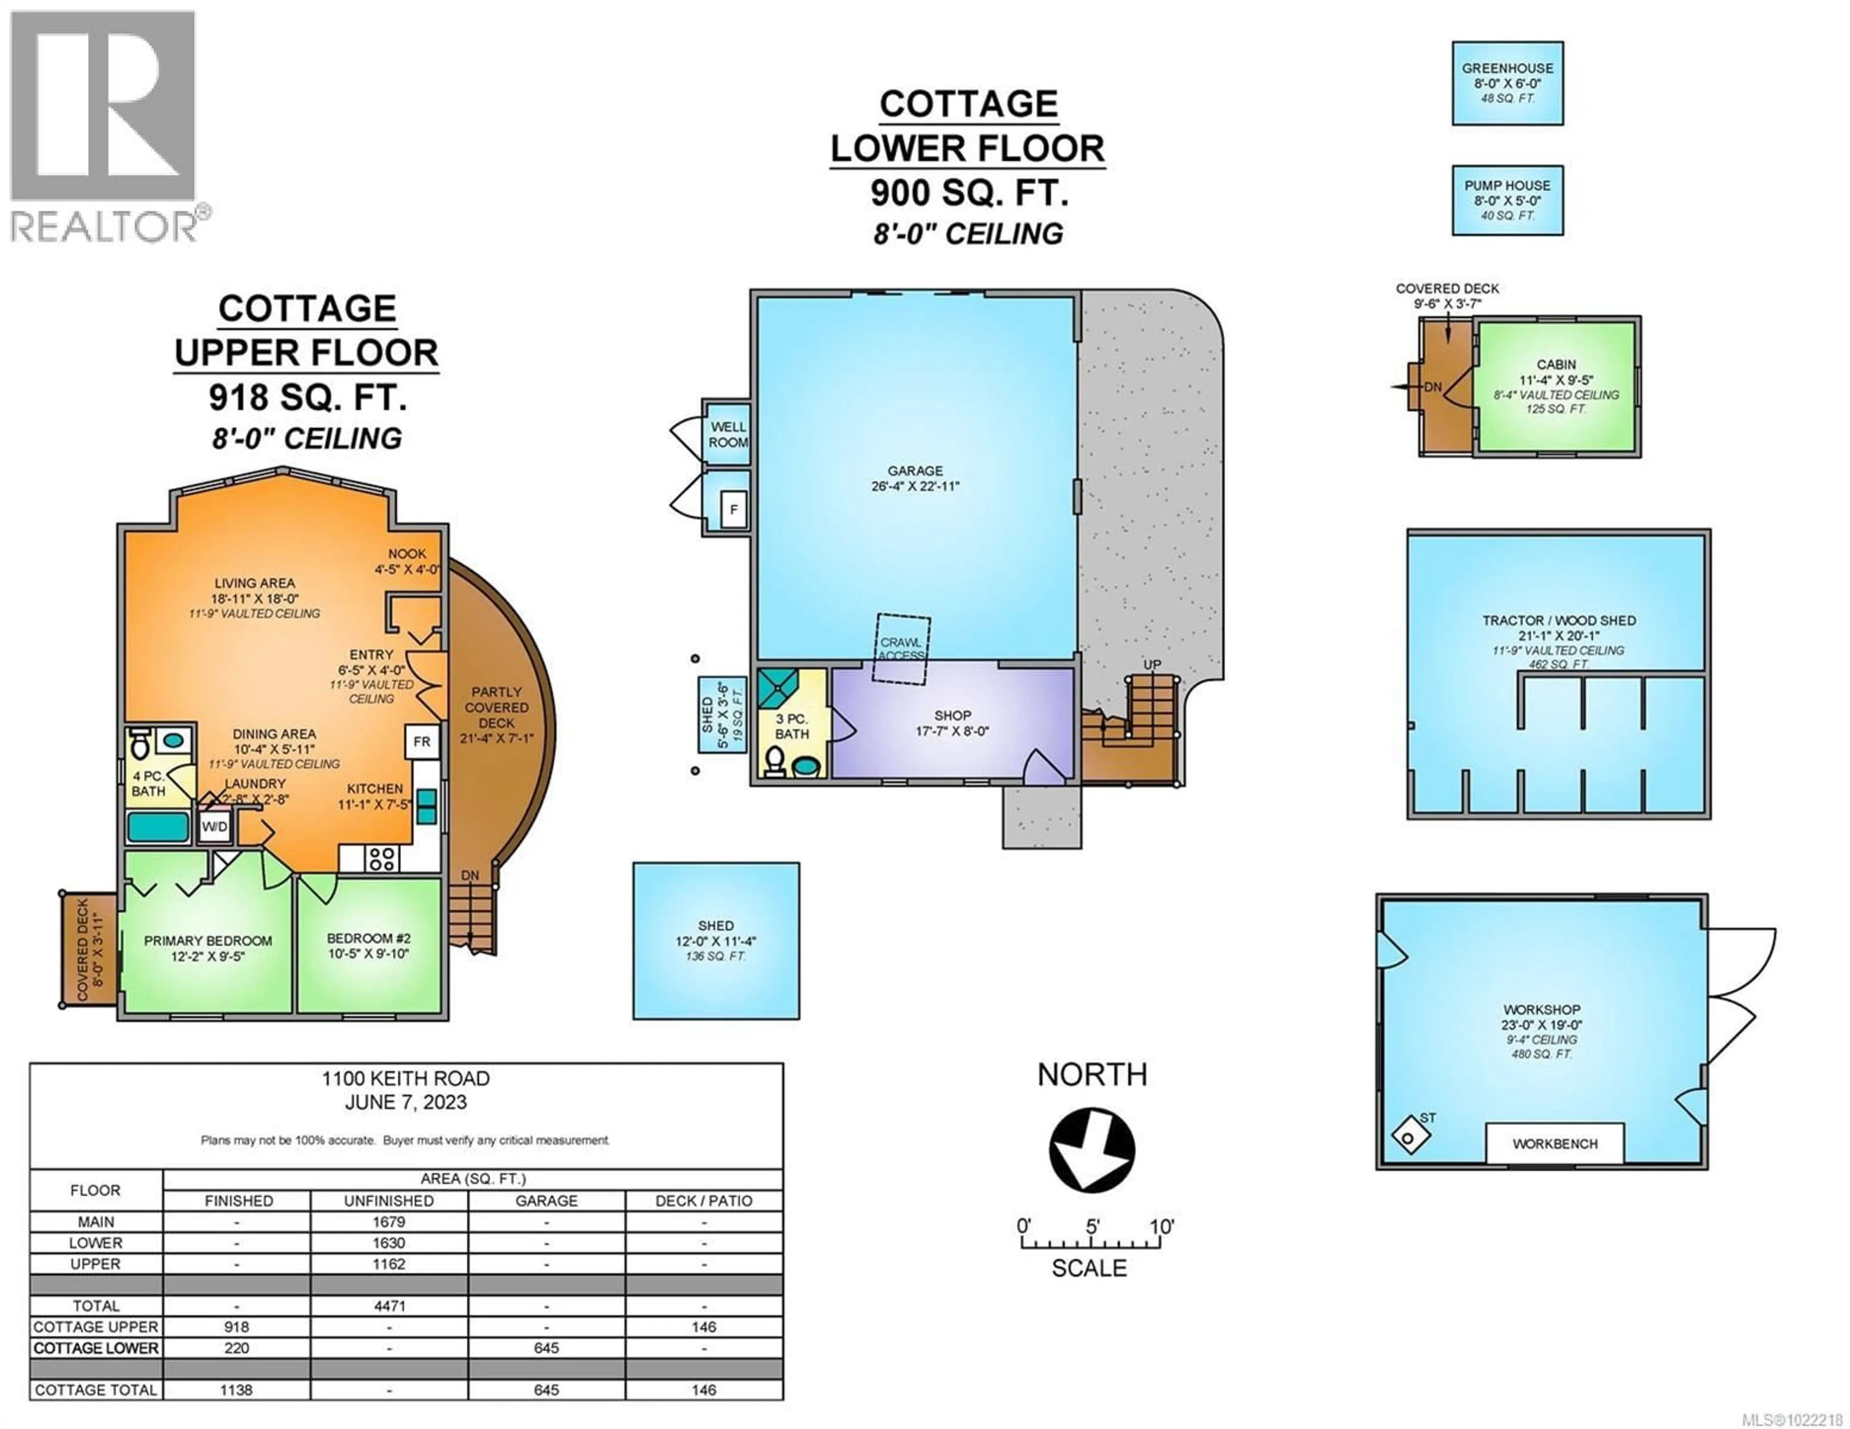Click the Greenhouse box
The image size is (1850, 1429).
pyautogui.click(x=1507, y=83)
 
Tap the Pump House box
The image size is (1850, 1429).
pyautogui.click(x=1507, y=200)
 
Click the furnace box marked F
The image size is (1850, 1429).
pyautogui.click(x=734, y=510)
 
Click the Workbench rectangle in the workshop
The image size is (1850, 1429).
pyautogui.click(x=1554, y=1143)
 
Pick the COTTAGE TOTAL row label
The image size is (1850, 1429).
pyautogui.click(x=96, y=1390)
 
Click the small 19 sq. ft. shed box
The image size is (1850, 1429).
pyautogui.click(x=721, y=715)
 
